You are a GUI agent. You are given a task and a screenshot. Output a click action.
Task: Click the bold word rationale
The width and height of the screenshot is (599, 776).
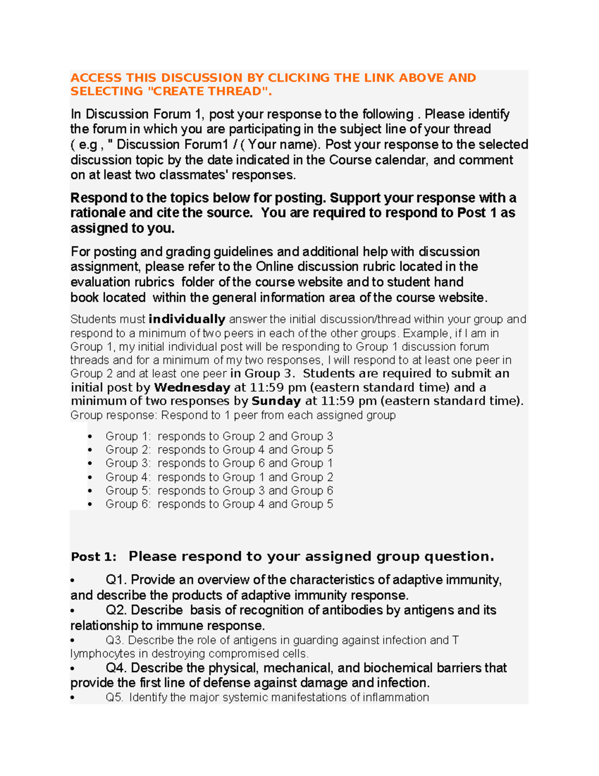pos(98,213)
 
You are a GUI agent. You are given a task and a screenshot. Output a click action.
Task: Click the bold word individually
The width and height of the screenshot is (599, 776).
pos(187,319)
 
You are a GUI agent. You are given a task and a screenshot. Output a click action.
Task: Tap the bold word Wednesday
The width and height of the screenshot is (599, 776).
pos(192,388)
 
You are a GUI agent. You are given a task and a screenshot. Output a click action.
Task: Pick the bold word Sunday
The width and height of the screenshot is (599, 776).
pos(276,401)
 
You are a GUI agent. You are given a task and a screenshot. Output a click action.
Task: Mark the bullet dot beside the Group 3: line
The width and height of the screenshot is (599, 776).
pos(90,464)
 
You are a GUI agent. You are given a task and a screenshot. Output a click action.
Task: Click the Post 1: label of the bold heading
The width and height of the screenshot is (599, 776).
pos(93,557)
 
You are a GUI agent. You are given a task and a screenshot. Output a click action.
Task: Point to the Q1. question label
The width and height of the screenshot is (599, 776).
pos(116,580)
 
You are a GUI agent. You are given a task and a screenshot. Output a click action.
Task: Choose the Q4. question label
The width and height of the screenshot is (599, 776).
pos(117,669)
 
